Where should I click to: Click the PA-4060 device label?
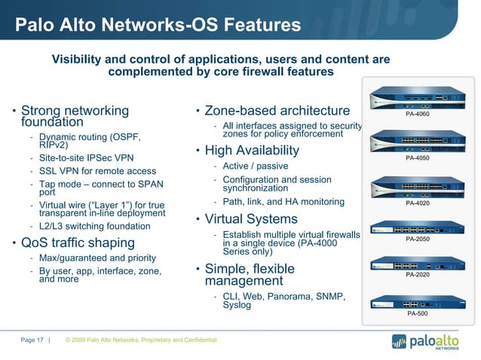(417, 114)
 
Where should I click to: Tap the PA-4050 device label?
(417, 158)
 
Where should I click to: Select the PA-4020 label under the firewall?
(417, 203)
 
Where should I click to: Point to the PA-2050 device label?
(417, 239)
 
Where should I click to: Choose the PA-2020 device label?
(417, 275)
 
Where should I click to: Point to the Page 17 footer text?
(32, 340)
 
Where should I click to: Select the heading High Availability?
(252, 151)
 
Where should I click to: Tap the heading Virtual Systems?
(251, 219)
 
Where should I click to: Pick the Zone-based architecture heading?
(277, 111)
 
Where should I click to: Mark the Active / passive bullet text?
(256, 166)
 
